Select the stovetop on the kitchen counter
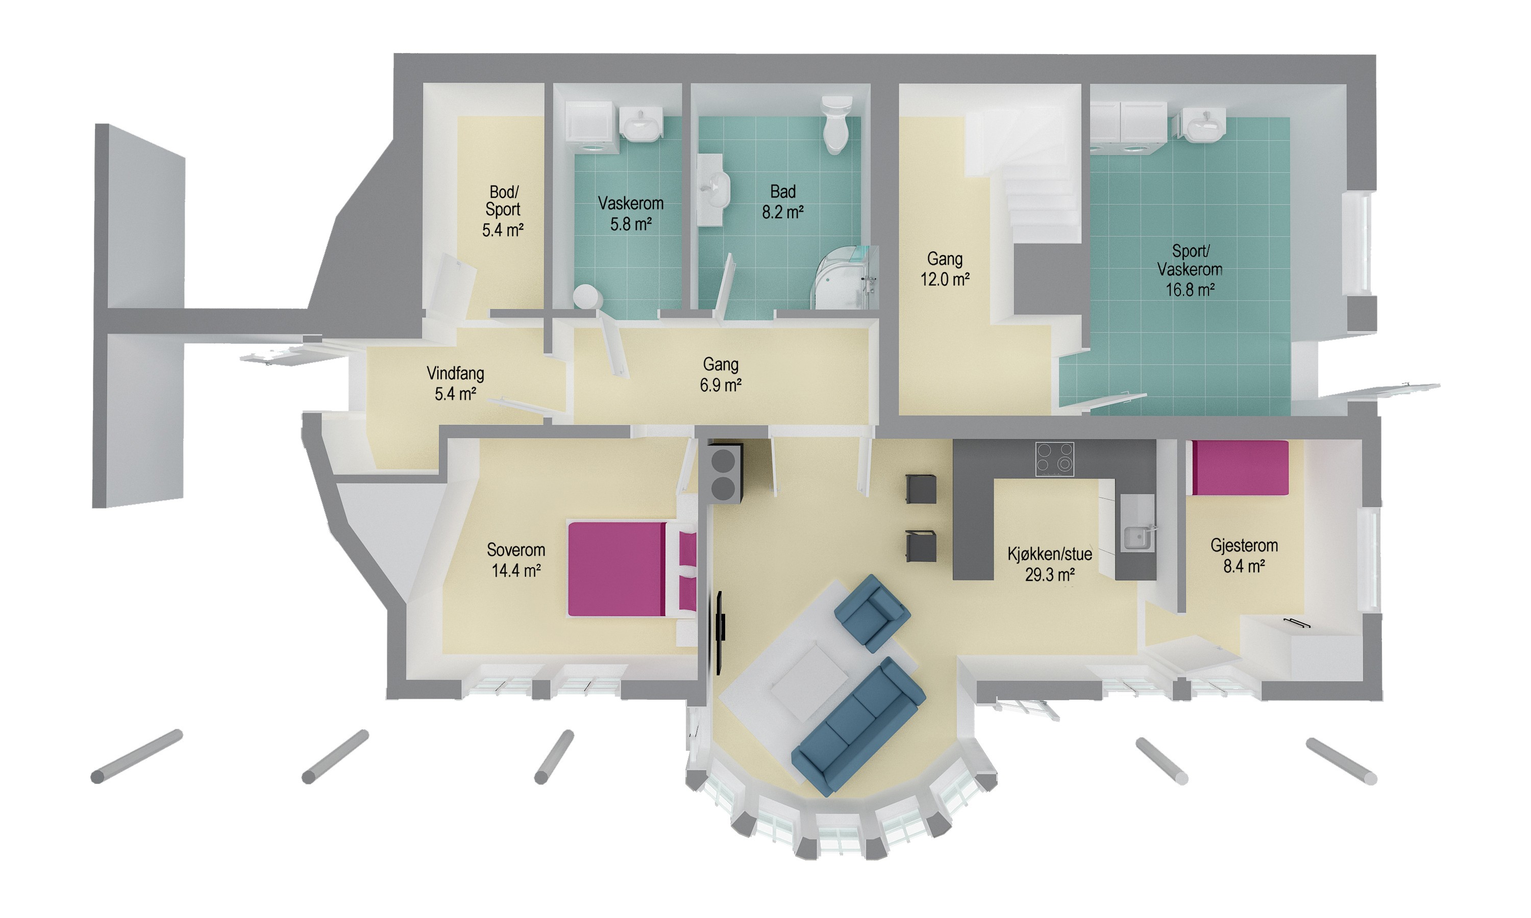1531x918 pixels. point(1054,460)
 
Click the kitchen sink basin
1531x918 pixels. point(1136,538)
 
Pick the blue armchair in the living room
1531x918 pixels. point(872,613)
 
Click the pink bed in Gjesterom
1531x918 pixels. point(1240,468)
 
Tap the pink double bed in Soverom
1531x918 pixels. point(631,569)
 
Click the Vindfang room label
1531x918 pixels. point(455,374)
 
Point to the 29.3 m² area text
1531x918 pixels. point(1050,575)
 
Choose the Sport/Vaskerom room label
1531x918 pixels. point(1190,261)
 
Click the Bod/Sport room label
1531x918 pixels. point(503,200)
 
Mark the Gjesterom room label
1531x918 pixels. point(1244,546)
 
